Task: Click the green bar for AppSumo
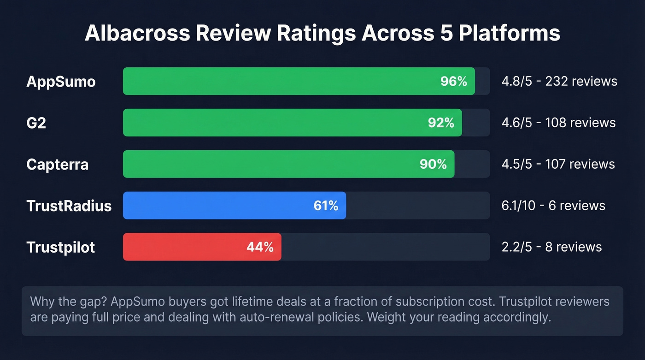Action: click(x=276, y=81)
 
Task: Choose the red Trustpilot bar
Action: click(x=184, y=247)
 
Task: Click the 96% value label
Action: click(x=454, y=82)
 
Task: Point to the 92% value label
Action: click(x=441, y=123)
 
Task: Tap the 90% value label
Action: click(x=433, y=165)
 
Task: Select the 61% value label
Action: click(x=326, y=206)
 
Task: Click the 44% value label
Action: click(x=260, y=248)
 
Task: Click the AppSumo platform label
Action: click(x=61, y=82)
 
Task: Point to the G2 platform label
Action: click(x=36, y=123)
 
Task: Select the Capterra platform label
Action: click(x=57, y=165)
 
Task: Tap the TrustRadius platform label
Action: click(x=69, y=206)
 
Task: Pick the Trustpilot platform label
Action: click(x=61, y=248)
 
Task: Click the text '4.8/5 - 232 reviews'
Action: click(x=559, y=82)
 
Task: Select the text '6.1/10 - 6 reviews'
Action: click(x=553, y=206)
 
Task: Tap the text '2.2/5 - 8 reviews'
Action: click(x=551, y=247)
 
